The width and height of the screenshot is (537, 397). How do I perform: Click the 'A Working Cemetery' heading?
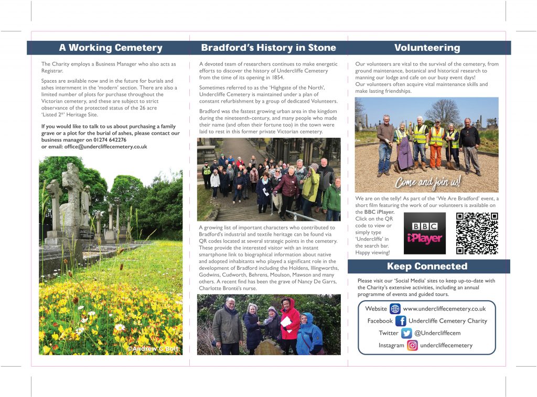pyautogui.click(x=111, y=48)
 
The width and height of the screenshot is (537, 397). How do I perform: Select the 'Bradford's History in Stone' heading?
pyautogui.click(x=268, y=48)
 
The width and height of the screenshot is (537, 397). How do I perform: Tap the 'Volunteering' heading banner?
pyautogui.click(x=427, y=48)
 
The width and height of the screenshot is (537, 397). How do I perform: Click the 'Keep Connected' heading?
pyautogui.click(x=427, y=266)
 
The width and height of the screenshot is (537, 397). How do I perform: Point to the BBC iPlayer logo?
pyautogui.click(x=425, y=234)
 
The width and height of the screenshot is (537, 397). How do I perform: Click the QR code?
pyautogui.click(x=476, y=234)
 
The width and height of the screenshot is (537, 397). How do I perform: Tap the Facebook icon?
pyautogui.click(x=401, y=321)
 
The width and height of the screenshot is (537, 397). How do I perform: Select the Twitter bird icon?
pyautogui.click(x=406, y=333)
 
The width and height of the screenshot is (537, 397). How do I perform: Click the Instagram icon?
pyautogui.click(x=412, y=346)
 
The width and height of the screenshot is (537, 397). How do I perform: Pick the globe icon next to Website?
pyautogui.click(x=395, y=309)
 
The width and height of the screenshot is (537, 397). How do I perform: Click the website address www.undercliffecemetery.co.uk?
pyautogui.click(x=444, y=309)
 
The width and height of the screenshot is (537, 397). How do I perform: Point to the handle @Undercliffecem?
pyautogui.click(x=437, y=333)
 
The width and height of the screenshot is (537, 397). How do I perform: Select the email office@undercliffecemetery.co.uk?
pyautogui.click(x=105, y=147)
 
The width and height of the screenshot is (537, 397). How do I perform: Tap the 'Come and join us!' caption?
pyautogui.click(x=427, y=183)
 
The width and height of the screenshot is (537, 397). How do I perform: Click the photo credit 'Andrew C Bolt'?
pyautogui.click(x=153, y=348)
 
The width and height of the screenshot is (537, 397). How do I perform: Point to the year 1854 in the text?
pyautogui.click(x=278, y=78)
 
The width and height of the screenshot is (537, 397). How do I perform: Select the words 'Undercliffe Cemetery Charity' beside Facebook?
pyautogui.click(x=447, y=321)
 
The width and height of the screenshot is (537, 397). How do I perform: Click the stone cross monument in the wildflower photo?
pyautogui.click(x=72, y=199)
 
